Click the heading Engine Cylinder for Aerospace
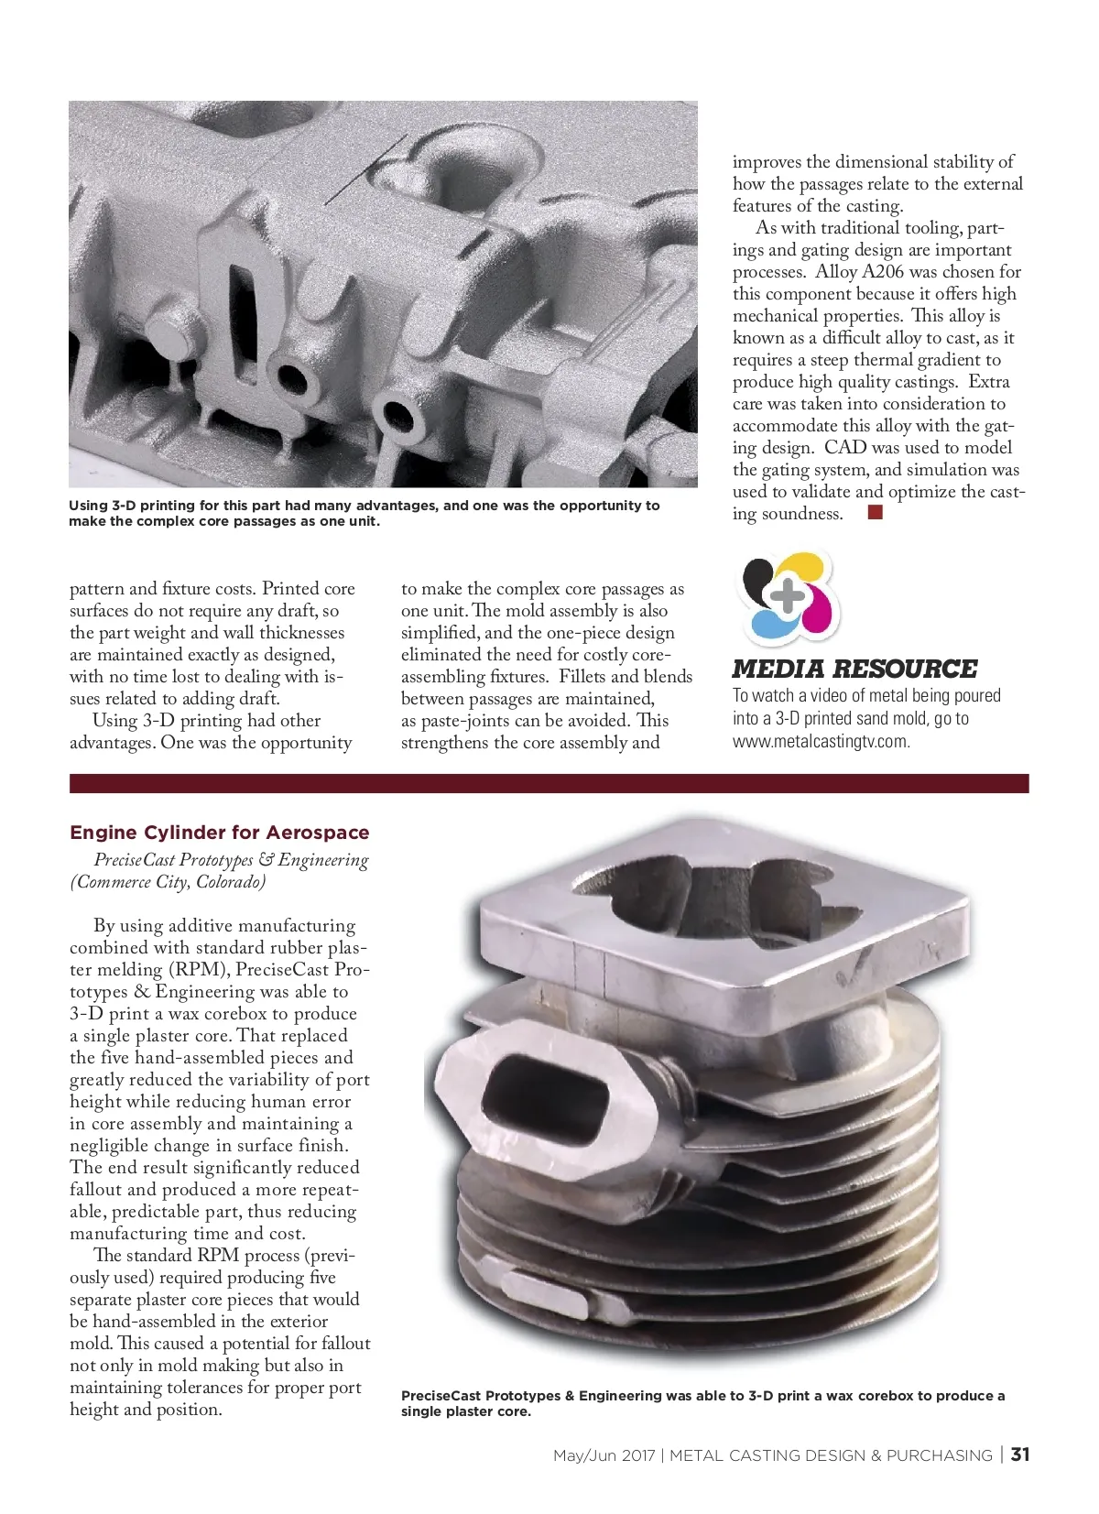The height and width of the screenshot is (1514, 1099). [x=219, y=833]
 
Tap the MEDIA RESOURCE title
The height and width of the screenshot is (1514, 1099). [x=854, y=669]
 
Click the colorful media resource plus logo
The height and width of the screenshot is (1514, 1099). [x=789, y=596]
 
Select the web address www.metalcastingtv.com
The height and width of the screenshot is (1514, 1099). [x=821, y=741]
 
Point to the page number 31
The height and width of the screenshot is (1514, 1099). [x=1020, y=1454]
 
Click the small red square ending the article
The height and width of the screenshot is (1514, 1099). [x=875, y=513]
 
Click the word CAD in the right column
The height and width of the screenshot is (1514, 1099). [x=845, y=448]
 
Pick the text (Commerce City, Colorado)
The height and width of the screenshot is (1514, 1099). [x=168, y=882]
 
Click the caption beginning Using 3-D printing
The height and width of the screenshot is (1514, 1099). [x=364, y=513]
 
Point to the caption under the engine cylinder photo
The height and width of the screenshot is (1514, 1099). [x=702, y=1403]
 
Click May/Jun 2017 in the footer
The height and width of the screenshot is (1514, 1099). [x=604, y=1455]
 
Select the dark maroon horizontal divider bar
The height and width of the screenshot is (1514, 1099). [x=549, y=783]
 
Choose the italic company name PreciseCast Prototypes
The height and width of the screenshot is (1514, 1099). [x=173, y=860]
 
